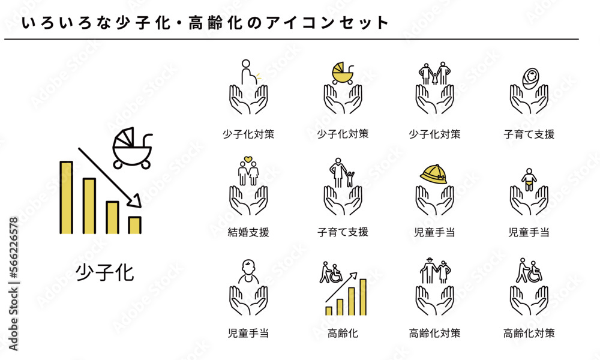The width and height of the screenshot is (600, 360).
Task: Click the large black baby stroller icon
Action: click(132, 148)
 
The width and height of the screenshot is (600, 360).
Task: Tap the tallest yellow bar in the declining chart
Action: click(66, 197)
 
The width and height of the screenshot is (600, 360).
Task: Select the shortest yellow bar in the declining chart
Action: click(134, 226)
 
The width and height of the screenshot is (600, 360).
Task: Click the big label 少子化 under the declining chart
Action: click(105, 272)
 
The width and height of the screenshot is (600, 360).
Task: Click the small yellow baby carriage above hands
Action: click(343, 73)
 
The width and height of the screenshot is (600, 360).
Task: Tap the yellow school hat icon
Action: click(434, 174)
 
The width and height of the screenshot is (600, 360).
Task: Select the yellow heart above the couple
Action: click(248, 159)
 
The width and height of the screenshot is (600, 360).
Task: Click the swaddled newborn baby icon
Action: click(530, 79)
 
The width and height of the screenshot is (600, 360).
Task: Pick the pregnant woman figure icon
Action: click(249, 72)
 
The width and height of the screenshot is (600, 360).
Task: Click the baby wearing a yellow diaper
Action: click(529, 180)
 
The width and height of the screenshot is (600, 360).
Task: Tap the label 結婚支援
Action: click(248, 232)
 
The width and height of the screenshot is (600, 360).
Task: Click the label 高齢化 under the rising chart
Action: click(343, 333)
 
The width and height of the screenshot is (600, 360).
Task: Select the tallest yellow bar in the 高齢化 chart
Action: click(363, 297)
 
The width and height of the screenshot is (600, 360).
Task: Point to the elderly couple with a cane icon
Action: click(435, 271)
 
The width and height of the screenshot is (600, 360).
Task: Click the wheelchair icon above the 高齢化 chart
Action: click(335, 274)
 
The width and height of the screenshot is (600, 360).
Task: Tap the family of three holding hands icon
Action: click(434, 73)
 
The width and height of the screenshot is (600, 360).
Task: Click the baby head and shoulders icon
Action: click(248, 271)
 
